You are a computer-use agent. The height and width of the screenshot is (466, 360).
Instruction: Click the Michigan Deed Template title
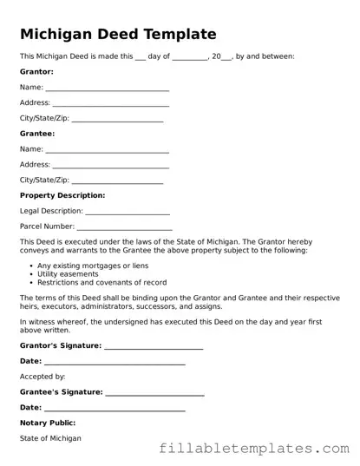click(x=118, y=35)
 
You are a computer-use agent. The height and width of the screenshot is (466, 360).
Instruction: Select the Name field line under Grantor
click(x=107, y=89)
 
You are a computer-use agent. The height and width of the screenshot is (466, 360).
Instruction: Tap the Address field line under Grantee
click(x=110, y=166)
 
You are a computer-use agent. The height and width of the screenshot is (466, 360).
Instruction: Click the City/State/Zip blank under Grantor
click(x=117, y=120)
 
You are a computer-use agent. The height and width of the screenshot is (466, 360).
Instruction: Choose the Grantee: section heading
click(x=37, y=135)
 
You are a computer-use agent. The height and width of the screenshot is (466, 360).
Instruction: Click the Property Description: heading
click(x=62, y=196)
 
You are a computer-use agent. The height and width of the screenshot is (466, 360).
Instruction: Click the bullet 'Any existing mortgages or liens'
click(x=93, y=265)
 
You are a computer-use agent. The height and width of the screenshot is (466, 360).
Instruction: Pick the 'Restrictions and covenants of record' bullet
click(x=102, y=282)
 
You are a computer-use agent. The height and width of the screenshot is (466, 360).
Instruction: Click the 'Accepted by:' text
click(x=43, y=377)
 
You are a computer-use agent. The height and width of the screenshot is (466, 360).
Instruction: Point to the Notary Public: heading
click(x=49, y=423)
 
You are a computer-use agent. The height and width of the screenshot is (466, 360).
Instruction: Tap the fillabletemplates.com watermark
click(x=253, y=450)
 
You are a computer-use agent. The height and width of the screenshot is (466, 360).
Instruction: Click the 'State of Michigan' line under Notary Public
click(x=50, y=438)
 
